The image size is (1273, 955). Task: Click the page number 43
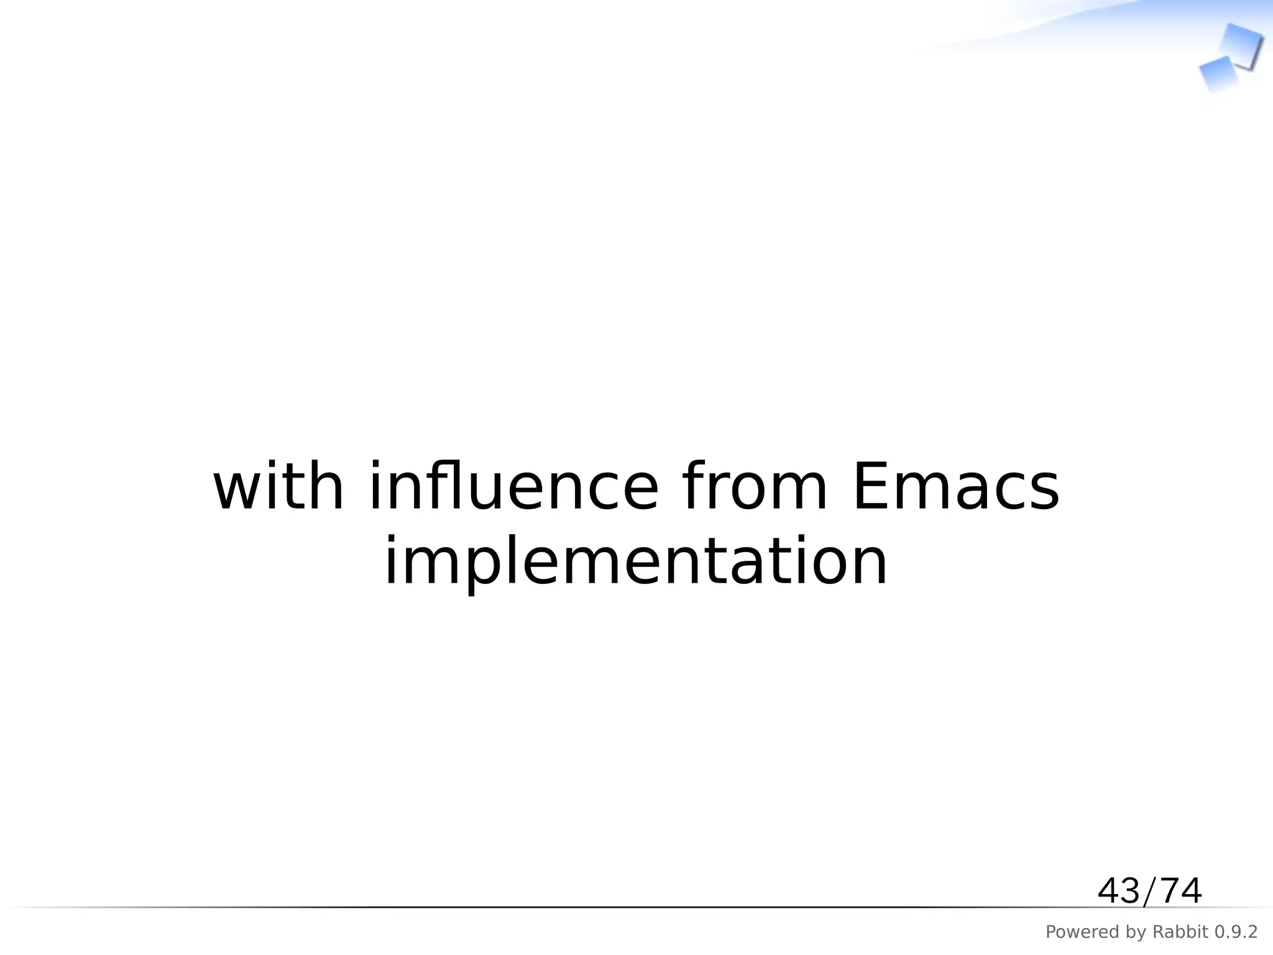[1118, 891]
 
